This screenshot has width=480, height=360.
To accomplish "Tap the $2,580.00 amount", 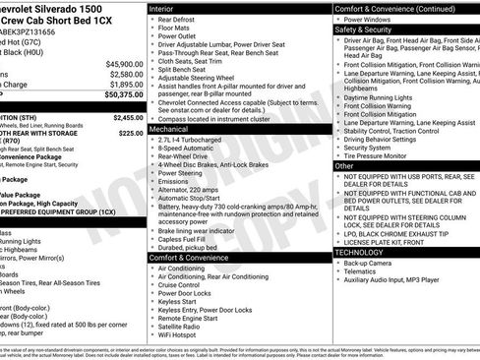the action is coord(124,73).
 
